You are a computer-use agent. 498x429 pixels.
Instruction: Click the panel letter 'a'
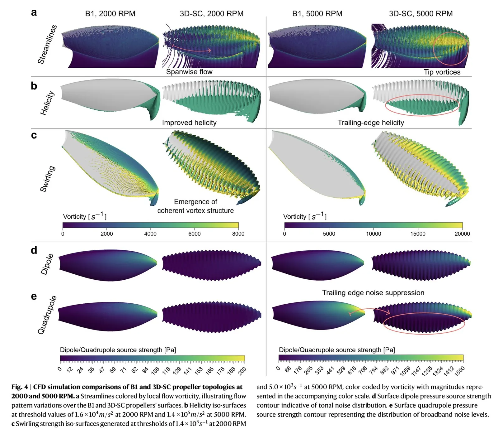coord(34,12)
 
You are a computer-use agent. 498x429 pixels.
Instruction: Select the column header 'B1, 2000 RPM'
coord(110,14)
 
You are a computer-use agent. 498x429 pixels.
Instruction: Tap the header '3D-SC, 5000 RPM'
coord(420,14)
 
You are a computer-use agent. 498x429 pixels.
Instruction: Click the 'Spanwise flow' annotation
coord(189,72)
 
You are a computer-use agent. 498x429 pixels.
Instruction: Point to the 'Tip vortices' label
coord(442,72)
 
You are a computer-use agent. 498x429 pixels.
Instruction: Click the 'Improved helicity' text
coord(189,123)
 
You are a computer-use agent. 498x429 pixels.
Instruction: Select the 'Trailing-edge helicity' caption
coord(371,123)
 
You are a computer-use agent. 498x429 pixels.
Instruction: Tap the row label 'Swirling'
coord(48,179)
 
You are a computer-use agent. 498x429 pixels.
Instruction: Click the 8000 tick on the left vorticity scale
coord(238,234)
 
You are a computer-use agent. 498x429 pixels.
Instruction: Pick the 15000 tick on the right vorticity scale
coord(418,234)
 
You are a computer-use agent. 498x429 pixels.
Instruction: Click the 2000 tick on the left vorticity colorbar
coord(107,234)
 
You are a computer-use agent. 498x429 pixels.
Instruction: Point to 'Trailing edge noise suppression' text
coord(373,293)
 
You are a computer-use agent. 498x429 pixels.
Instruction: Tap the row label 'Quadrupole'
coord(47,315)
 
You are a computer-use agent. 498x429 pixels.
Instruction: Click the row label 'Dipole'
coord(47,264)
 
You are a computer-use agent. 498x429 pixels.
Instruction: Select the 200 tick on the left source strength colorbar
coord(242,370)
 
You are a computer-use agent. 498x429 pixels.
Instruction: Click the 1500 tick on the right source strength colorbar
coord(459,370)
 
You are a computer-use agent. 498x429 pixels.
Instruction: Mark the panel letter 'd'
coord(34,250)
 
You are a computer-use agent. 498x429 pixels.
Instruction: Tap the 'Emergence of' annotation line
coord(195,202)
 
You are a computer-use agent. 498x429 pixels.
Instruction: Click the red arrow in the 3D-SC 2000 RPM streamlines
coord(191,49)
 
